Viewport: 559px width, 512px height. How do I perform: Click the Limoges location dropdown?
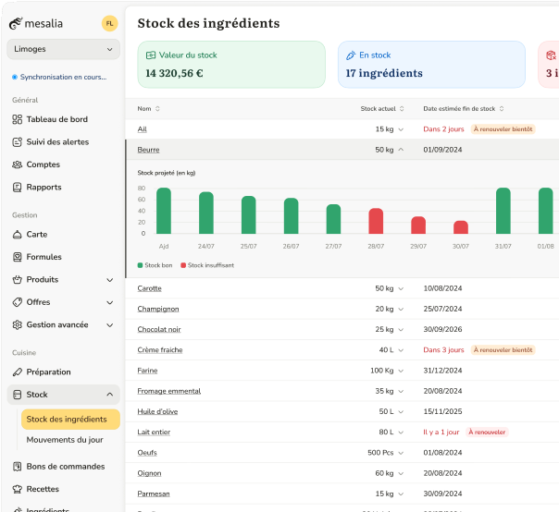click(63, 49)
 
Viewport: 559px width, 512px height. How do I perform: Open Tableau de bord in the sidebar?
click(56, 119)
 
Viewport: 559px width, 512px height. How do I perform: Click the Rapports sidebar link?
click(43, 187)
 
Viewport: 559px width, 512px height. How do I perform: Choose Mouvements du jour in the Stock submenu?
click(65, 440)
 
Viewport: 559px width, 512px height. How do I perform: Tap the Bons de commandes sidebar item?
click(65, 467)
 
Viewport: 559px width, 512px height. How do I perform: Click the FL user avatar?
click(110, 23)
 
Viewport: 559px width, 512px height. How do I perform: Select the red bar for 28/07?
click(376, 221)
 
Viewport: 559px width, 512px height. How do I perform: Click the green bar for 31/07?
click(503, 211)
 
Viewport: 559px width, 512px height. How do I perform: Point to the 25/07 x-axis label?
click(248, 247)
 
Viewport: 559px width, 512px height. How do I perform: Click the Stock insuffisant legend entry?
click(208, 265)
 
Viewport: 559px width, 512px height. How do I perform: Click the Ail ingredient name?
click(142, 129)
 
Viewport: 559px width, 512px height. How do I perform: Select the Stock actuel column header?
click(378, 109)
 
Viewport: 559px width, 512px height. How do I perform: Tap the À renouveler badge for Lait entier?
click(487, 432)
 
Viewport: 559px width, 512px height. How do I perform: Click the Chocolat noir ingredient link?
click(158, 329)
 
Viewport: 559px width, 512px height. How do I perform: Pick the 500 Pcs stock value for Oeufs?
click(380, 453)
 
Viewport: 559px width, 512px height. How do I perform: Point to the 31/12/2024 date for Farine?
click(442, 371)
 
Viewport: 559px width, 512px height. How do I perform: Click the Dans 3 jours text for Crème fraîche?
click(443, 350)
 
